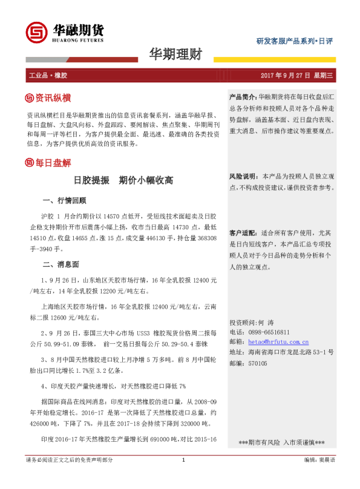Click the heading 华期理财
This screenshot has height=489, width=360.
pyautogui.click(x=175, y=54)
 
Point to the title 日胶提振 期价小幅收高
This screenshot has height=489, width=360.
pyautogui.click(x=123, y=180)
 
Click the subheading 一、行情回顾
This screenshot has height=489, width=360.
pyautogui.click(x=65, y=200)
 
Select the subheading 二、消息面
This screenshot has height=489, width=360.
pyautogui.click(x=61, y=264)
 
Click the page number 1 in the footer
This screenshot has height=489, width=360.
pyautogui.click(x=183, y=477)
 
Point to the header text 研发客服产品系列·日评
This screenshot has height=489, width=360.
pyautogui.click(x=294, y=41)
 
